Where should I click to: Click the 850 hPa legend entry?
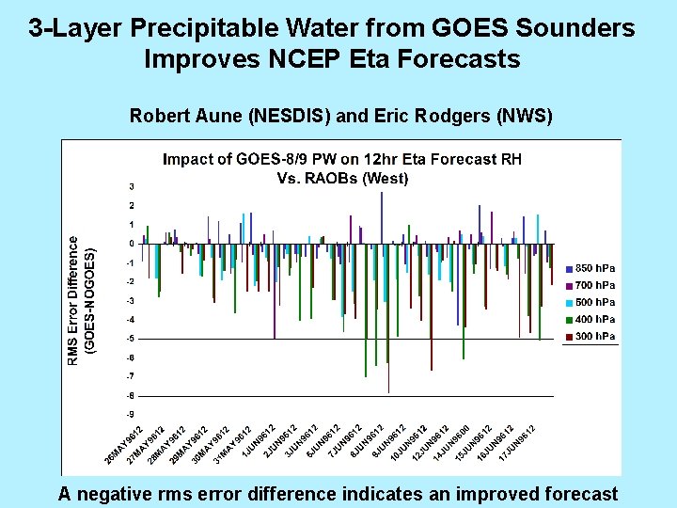pos(591,268)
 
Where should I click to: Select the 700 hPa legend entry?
pos(591,285)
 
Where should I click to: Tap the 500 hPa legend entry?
pos(591,302)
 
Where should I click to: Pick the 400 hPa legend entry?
pos(591,320)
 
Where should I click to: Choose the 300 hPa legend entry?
pos(591,337)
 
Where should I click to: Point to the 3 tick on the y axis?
pos(132,186)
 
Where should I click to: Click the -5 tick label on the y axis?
pos(131,339)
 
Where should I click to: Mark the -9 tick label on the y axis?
pos(131,415)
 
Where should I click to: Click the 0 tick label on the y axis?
pos(132,244)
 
